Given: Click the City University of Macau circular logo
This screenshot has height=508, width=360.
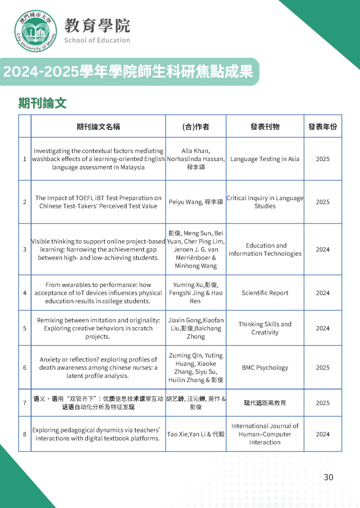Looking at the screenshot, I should click(36, 31).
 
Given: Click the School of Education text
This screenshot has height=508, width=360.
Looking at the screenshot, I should click(97, 40).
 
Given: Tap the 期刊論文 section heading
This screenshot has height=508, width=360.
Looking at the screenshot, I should click(42, 104).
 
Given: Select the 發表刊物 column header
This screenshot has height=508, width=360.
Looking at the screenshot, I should click(265, 126).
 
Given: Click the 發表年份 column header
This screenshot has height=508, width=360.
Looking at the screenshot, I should click(322, 126).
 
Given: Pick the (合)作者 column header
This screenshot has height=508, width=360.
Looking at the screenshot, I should click(196, 126).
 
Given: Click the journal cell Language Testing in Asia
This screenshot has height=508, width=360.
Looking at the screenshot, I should click(265, 159).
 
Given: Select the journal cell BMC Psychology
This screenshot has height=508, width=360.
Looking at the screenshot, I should click(265, 367).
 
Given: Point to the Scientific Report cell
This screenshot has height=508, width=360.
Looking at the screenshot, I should click(265, 293).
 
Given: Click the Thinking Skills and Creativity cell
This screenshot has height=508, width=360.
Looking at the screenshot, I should click(265, 328).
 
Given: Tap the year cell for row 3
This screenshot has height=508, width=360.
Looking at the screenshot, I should click(322, 249).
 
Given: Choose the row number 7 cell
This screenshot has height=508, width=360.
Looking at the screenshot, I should click(24, 403).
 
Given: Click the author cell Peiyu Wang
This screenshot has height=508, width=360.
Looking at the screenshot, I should click(196, 202).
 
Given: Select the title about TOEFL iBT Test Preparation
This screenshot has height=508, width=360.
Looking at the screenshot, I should click(98, 202).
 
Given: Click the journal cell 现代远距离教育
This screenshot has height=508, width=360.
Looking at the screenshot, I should click(265, 403).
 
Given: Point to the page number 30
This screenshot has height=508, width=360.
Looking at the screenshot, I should click(328, 477).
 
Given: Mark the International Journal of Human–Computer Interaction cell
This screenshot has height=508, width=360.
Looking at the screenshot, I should click(265, 434).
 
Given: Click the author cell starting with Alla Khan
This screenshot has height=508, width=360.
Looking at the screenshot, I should click(196, 159).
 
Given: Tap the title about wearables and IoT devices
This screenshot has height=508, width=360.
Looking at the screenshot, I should click(98, 293).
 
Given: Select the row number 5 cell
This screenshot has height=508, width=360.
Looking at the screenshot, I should click(24, 328).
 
